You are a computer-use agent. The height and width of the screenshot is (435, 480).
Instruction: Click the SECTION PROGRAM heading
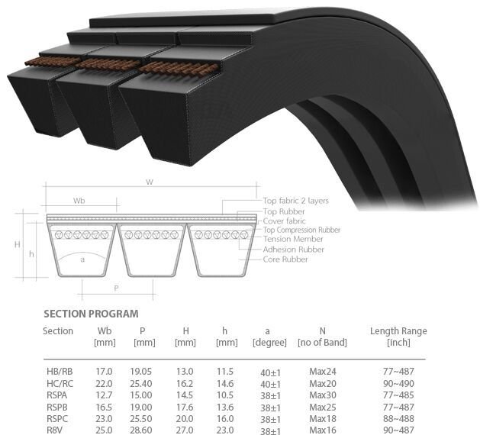point(91,314)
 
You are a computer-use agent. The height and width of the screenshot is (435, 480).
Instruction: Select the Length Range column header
point(398,337)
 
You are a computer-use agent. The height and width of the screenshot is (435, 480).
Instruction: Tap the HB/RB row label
point(59,371)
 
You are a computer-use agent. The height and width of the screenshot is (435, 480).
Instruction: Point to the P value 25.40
point(144,383)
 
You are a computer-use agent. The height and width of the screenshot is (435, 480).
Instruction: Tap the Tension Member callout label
point(293,240)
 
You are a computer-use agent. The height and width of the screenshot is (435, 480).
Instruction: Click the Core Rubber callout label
point(285,259)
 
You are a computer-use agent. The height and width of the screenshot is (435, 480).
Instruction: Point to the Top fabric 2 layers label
point(295,201)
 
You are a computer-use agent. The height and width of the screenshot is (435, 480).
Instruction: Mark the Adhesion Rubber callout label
point(293,250)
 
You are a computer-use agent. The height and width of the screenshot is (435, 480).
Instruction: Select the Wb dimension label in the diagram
point(79,201)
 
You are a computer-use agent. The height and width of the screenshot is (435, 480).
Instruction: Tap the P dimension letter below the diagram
point(116,288)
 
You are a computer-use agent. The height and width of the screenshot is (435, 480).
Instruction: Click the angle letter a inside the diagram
point(82,259)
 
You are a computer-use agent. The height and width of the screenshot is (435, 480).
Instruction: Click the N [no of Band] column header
point(322,337)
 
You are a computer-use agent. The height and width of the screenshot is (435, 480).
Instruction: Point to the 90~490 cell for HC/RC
point(399,383)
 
